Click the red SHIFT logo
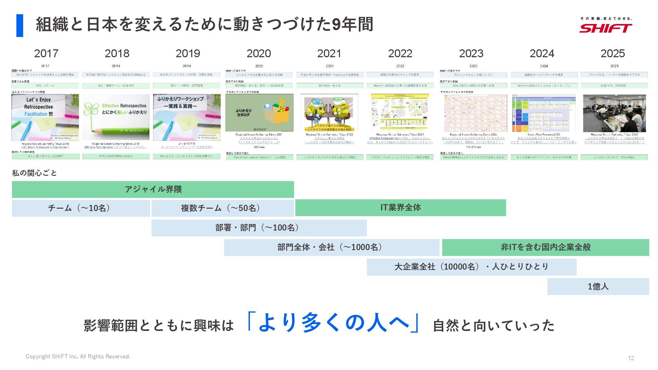pyautogui.click(x=606, y=27)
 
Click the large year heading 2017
pyautogui.click(x=46, y=53)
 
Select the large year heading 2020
pyautogui.click(x=259, y=53)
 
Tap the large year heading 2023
pyautogui.click(x=471, y=53)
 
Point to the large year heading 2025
pyautogui.click(x=613, y=53)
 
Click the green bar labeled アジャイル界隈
pyautogui.click(x=153, y=189)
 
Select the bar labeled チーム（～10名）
pyautogui.click(x=81, y=208)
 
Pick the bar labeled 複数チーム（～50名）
pyautogui.click(x=222, y=208)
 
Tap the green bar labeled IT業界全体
pyautogui.click(x=400, y=208)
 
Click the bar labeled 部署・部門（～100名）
pyautogui.click(x=259, y=228)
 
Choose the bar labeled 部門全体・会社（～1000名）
pyautogui.click(x=331, y=247)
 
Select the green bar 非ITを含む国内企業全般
pyautogui.click(x=545, y=247)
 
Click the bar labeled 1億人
pyautogui.click(x=598, y=286)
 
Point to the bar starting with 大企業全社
pyautogui.click(x=471, y=267)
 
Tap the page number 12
pyautogui.click(x=631, y=358)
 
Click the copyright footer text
pyautogui.click(x=78, y=357)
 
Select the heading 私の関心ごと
pyautogui.click(x=34, y=173)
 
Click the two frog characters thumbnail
pyautogui.click(x=329, y=113)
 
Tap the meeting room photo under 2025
pyautogui.click(x=614, y=113)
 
